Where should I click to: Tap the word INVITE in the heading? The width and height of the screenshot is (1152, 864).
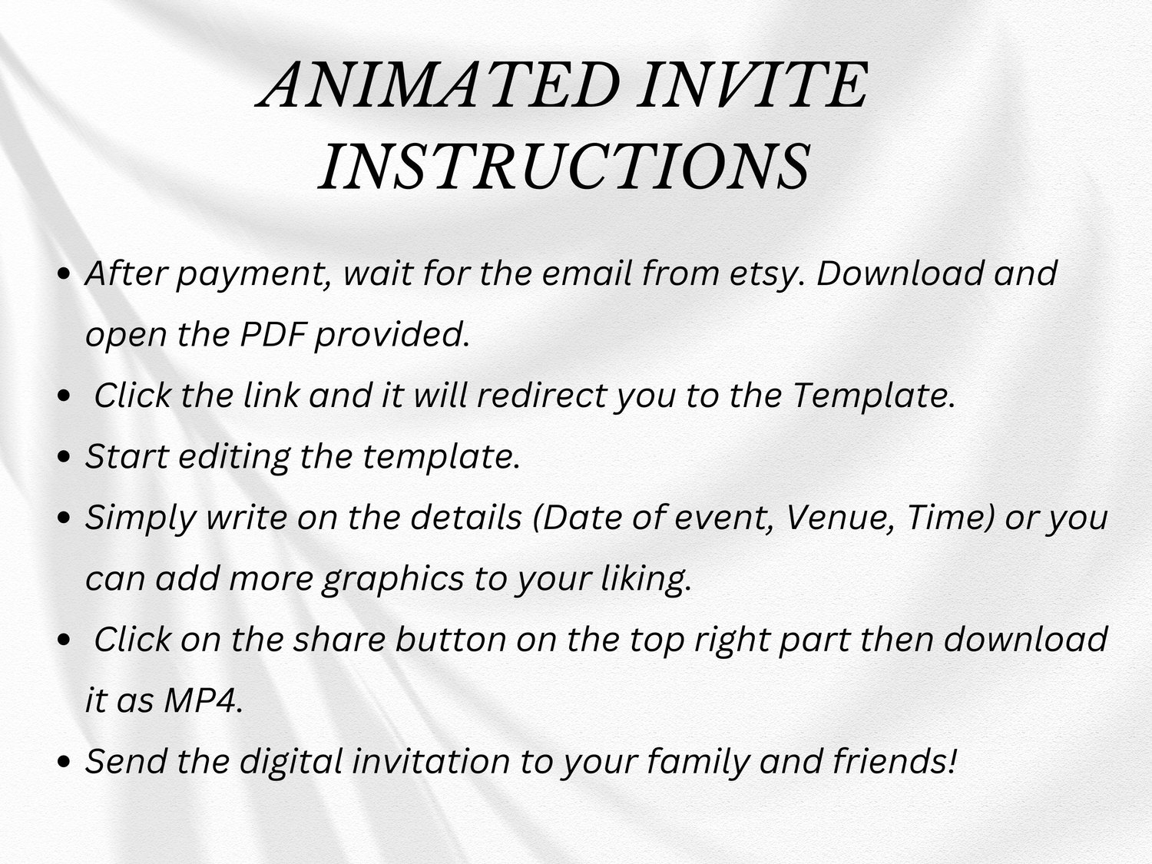pos(753,84)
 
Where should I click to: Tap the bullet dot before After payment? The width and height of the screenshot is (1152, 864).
pos(64,275)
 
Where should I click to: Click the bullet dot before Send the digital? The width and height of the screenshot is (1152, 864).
pos(64,762)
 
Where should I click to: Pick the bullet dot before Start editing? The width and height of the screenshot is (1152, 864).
pos(64,457)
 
